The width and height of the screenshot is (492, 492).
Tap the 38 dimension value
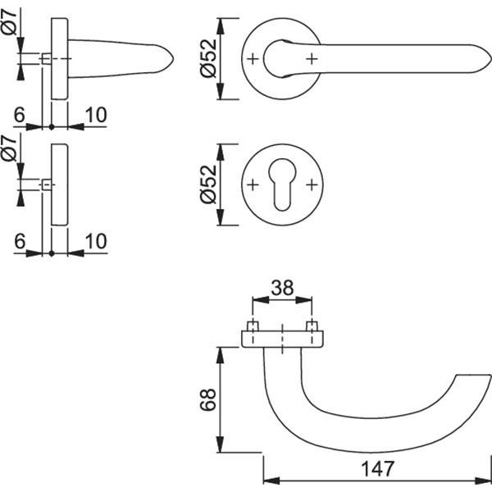click(x=281, y=288)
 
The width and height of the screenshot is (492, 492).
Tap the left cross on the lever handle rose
click(x=253, y=58)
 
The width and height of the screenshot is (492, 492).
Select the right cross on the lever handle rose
click(x=312, y=58)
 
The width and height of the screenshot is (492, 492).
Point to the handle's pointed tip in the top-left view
click(x=174, y=58)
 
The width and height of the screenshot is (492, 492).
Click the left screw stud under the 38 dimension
click(x=253, y=327)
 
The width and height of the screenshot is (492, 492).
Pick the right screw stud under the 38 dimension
click(x=312, y=327)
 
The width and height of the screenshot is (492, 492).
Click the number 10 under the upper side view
click(x=96, y=114)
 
